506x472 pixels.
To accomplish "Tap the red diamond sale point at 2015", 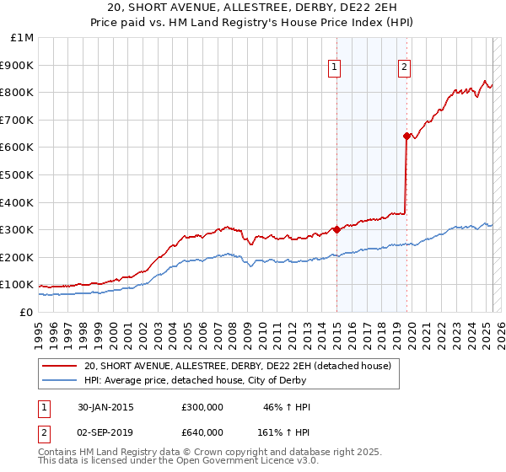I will point(336,229).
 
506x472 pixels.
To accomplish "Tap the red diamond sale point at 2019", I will point(406,136).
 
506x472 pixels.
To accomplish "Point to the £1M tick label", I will point(23,38).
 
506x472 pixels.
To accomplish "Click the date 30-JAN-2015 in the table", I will point(105,408).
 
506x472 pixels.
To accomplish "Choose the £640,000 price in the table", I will point(202,432).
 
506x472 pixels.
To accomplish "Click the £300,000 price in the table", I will point(202,408).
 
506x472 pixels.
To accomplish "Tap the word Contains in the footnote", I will point(59,453).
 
